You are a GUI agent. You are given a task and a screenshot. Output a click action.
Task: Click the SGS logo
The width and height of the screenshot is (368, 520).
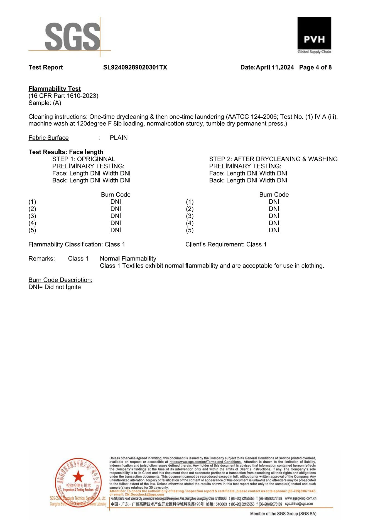[72, 37]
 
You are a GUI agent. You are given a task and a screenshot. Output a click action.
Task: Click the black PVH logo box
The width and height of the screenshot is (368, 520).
[314, 33]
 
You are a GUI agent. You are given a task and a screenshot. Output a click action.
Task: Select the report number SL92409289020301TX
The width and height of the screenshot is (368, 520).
[135, 67]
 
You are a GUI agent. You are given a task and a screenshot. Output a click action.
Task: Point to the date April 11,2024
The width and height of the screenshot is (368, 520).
[275, 67]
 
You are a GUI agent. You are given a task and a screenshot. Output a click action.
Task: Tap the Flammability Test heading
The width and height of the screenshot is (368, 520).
[55, 89]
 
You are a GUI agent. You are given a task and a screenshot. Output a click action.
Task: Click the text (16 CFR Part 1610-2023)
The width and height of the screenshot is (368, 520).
[63, 96]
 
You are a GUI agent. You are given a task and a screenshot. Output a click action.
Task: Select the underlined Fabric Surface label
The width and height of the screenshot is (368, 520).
[48, 138]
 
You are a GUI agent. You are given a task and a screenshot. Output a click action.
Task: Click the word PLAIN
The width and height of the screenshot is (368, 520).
[119, 138]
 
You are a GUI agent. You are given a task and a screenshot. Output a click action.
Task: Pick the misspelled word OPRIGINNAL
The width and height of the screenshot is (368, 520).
[96, 159]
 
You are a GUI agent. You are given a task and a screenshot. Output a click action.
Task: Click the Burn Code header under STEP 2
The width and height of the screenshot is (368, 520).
[274, 195]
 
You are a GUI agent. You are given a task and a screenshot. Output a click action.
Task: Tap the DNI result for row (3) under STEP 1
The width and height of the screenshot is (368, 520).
[116, 216]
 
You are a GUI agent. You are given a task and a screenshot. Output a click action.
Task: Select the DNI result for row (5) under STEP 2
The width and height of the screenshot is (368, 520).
[274, 230]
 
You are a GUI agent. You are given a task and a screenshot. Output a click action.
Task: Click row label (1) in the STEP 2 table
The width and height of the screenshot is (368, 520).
[190, 202]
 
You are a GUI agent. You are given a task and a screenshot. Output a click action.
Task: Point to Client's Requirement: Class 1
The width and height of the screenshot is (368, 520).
[226, 244]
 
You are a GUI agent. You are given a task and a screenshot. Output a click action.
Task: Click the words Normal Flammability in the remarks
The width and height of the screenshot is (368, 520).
[128, 259]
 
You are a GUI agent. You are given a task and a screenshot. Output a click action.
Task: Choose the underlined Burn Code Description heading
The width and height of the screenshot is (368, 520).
[60, 280]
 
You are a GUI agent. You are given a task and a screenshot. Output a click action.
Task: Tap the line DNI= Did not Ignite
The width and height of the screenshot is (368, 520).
[55, 287]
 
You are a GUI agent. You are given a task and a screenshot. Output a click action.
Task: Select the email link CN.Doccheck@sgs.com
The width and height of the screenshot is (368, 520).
[144, 494]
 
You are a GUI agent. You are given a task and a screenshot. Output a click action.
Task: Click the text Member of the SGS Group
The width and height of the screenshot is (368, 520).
[283, 514]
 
